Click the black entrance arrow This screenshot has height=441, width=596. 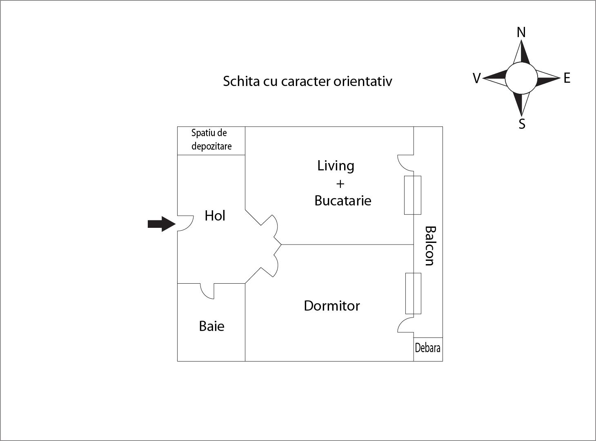tap(162, 224)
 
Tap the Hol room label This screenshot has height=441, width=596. tap(215, 216)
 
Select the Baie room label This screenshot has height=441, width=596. tap(212, 326)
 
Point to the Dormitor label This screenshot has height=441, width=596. tap(332, 306)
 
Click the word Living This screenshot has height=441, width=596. tap(336, 166)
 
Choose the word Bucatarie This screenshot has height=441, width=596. tap(343, 201)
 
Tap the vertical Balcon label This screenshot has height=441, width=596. tap(430, 246)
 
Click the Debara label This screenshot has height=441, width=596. tap(427, 348)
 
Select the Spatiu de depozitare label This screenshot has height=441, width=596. tap(211, 139)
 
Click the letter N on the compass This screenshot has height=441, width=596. tap(521, 32)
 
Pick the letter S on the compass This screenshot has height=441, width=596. tap(522, 124)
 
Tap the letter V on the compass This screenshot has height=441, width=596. tap(477, 78)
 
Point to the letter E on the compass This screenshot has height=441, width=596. tap(567, 78)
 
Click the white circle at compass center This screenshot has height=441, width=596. tap(521, 78)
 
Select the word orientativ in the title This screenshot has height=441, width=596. tap(363, 81)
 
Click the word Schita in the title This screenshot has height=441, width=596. tap(241, 81)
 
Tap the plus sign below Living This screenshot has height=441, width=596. tap(340, 184)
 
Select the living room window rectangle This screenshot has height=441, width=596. tap(413, 195)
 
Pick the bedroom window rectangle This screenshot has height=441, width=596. tap(413, 293)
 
